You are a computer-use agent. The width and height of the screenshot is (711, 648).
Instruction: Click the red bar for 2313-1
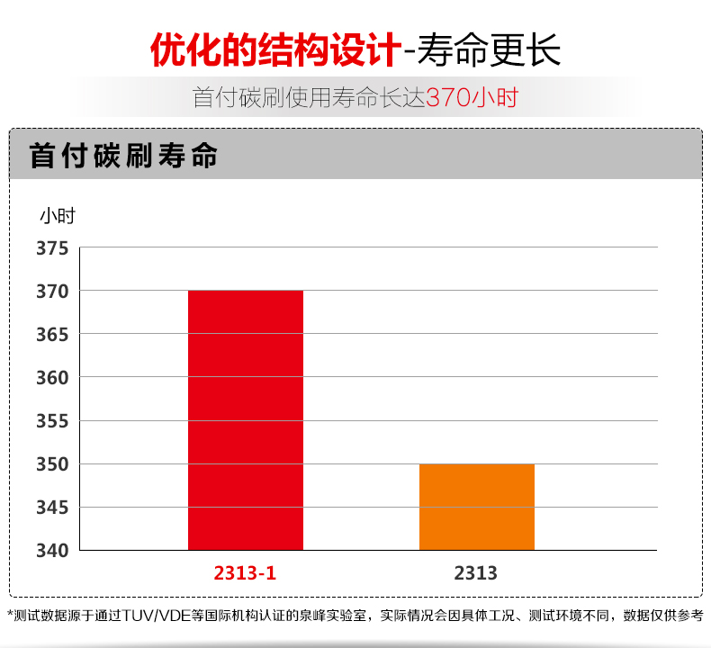point(246,419)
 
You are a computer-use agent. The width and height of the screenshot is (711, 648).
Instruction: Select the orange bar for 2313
point(477,507)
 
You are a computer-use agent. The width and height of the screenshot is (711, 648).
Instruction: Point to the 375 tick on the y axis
point(52,248)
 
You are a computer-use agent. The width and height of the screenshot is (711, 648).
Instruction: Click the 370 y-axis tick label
point(52,292)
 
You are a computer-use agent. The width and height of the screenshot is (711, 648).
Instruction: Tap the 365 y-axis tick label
point(52,335)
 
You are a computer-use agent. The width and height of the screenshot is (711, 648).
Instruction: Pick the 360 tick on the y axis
point(52,378)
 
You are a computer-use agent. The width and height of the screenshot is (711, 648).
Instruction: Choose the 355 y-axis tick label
point(52,421)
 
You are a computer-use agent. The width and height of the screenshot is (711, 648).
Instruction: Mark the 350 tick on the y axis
point(52,464)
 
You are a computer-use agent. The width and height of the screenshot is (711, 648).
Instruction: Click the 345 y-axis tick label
point(52,508)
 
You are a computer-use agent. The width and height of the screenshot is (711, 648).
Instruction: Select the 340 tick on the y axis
point(52,550)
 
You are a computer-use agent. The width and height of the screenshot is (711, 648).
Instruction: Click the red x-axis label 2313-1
point(245,572)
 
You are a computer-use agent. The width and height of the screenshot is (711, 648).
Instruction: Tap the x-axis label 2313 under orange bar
point(476,572)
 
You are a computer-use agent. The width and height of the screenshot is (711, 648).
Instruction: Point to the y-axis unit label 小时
point(57,216)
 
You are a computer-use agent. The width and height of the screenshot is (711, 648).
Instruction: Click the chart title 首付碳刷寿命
point(124,155)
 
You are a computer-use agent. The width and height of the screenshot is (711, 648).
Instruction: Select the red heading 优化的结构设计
point(274,49)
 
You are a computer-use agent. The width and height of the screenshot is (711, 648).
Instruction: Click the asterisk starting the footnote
point(11,616)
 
